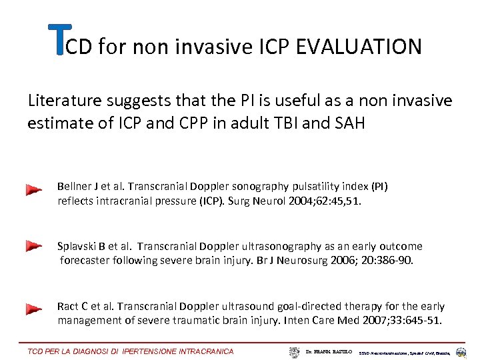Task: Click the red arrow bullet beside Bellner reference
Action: [x=34, y=191]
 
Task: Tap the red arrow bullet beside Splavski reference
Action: [x=34, y=247]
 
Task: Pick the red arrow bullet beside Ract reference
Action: [x=34, y=309]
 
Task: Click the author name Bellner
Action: [x=73, y=187]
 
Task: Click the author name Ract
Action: [x=68, y=307]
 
